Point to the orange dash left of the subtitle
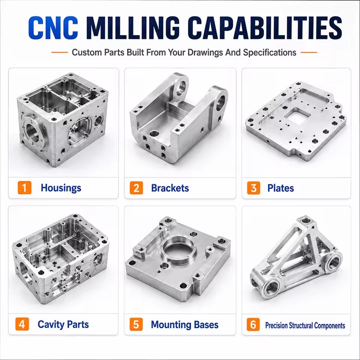coord(60,52)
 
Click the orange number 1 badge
coord(25,187)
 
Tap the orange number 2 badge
coord(136,188)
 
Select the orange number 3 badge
coord(254,188)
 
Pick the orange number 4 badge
coord(22,324)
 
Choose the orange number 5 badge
coord(136,324)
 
